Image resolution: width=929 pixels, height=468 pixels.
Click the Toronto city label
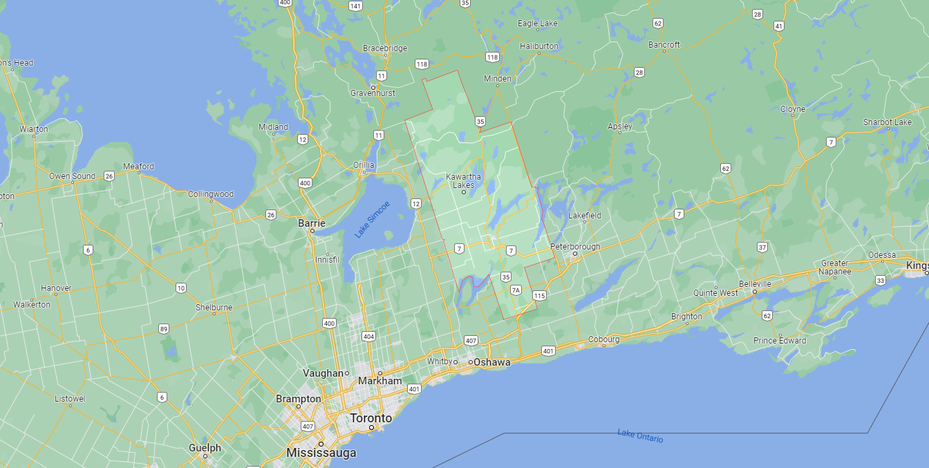(x=370, y=418)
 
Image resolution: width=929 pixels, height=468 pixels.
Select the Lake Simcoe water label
(x=373, y=219)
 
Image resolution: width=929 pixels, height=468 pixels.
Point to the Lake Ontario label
(x=640, y=436)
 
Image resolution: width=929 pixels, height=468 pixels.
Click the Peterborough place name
(x=575, y=247)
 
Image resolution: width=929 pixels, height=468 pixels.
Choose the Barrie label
(x=311, y=223)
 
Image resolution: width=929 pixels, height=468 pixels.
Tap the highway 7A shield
(x=515, y=290)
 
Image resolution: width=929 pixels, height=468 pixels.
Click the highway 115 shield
(x=539, y=296)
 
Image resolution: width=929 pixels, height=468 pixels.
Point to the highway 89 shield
(x=164, y=328)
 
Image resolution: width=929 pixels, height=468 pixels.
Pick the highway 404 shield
(x=368, y=337)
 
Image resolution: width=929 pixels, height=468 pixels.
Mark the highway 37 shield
(x=762, y=247)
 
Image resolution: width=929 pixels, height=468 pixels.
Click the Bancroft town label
(x=664, y=45)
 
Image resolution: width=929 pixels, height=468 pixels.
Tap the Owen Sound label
(x=72, y=176)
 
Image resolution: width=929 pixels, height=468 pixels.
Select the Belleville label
(x=755, y=284)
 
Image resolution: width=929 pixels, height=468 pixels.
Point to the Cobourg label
(x=603, y=339)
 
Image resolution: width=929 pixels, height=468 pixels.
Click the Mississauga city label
(x=321, y=453)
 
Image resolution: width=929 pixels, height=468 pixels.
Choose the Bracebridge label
(x=385, y=48)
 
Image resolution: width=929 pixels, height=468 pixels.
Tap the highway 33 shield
(x=880, y=280)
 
